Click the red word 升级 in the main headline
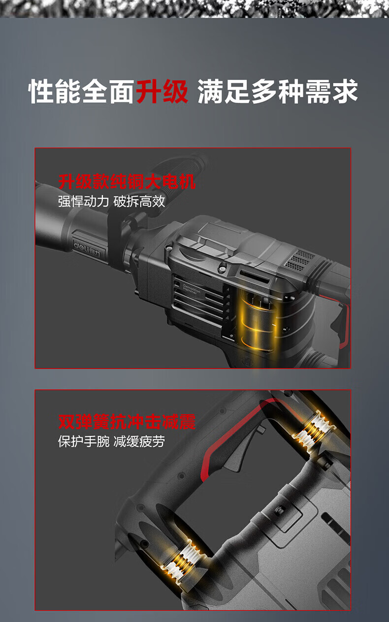[x=162, y=91]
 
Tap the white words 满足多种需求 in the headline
[x=277, y=91]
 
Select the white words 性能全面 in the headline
[x=82, y=91]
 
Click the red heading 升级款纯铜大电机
[x=127, y=182]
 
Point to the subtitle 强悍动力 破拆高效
[x=111, y=201]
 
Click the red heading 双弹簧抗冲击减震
[x=127, y=422]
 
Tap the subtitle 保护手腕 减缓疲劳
[x=111, y=441]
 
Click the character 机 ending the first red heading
[x=188, y=182]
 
